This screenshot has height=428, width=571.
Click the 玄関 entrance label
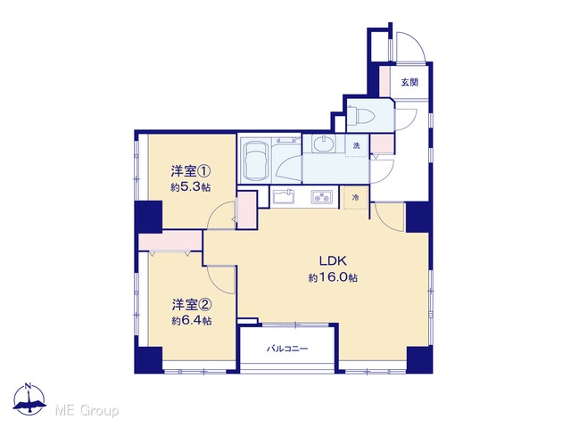pos(410,82)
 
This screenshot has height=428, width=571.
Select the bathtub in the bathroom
pos(256,160)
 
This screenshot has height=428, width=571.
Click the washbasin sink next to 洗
pos(324,144)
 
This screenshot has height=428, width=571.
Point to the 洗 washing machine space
pos(357,145)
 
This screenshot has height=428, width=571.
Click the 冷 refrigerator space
pos(355,198)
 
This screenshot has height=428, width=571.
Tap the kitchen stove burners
pos(322,197)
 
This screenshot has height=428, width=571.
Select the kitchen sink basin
pos(284,197)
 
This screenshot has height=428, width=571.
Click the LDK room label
pos(333,260)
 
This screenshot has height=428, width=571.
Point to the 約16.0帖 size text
pos(333,277)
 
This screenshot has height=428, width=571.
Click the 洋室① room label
pos(191,170)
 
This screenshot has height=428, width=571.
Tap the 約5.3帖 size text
pos(190,187)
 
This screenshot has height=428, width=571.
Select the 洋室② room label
pos(192,304)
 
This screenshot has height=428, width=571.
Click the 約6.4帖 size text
pos(191,321)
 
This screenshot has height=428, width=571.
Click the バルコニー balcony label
pos(287,349)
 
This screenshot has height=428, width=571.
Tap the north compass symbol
pos(29,399)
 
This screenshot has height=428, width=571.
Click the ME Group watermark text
pos(87,411)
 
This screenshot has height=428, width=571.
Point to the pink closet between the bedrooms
pos(170,241)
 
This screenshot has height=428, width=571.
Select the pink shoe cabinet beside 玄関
pos(385,81)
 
